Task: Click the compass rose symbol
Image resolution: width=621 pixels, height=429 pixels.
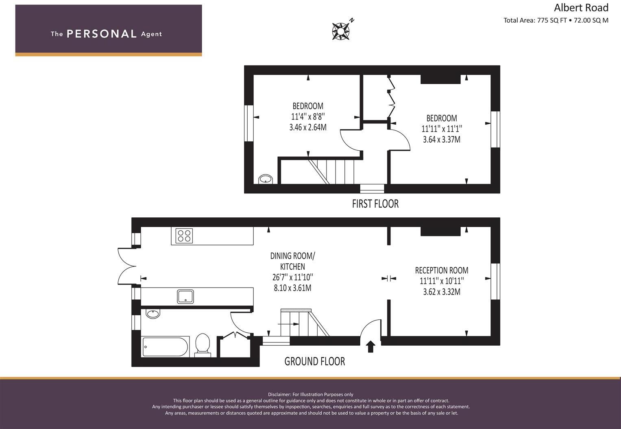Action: tap(341, 31)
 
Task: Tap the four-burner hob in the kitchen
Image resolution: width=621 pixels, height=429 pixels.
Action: tap(184, 236)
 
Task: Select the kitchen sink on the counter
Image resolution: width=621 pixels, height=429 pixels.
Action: tap(185, 296)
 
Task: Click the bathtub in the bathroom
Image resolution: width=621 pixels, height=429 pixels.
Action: tap(165, 347)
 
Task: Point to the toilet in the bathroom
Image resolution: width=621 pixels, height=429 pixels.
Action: tap(202, 345)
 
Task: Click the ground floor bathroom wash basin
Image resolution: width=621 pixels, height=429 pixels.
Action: tap(153, 314)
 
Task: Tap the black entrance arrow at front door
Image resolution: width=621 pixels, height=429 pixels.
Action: tap(370, 347)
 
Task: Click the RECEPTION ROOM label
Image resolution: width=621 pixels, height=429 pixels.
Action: tap(442, 270)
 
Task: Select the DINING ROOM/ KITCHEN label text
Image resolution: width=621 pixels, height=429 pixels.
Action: tap(292, 261)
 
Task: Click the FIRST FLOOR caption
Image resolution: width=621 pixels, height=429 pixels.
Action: tap(375, 204)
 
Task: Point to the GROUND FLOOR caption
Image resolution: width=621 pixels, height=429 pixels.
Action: tap(314, 361)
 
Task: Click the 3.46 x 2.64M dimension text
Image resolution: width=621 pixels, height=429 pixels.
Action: tap(308, 128)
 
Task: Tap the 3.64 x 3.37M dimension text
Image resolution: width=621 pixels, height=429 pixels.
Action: tap(442, 140)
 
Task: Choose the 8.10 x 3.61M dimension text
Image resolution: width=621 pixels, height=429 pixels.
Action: tap(292, 288)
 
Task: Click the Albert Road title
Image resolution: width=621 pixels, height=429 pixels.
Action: tap(581, 8)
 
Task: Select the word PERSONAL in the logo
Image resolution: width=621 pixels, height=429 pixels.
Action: tap(102, 34)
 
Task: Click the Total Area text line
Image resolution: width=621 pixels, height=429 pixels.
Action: tap(556, 20)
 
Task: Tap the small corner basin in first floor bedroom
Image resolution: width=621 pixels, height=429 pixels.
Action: tap(266, 179)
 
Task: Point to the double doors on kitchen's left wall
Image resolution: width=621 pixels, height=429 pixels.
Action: tap(127, 266)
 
